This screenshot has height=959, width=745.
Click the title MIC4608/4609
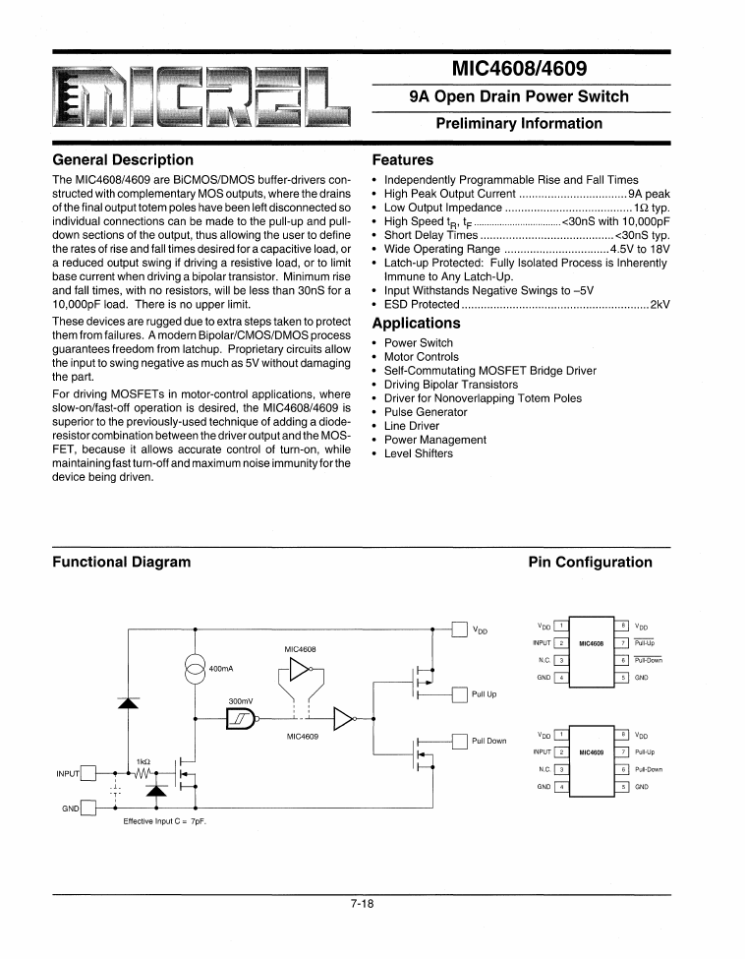point(519,70)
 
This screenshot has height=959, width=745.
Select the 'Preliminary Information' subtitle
point(519,123)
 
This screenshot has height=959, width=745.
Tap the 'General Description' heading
point(123,159)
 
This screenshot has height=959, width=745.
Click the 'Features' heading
point(403,159)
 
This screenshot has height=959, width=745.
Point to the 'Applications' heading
point(417,323)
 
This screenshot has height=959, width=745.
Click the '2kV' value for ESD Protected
point(659,305)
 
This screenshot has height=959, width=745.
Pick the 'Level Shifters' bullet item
point(419,453)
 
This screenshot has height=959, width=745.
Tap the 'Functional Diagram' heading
point(121,562)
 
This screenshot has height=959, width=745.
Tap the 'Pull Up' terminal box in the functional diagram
point(459,694)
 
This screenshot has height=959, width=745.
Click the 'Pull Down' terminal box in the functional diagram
point(459,742)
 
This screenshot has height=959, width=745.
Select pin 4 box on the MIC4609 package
point(560,787)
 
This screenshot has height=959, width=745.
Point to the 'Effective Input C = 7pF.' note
point(165,820)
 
